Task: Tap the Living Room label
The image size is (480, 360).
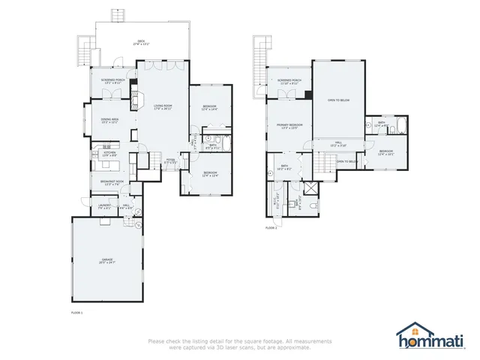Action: click(163, 106)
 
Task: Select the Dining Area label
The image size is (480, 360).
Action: click(110, 122)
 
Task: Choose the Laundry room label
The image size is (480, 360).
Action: click(105, 205)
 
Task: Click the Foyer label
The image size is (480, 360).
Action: click(170, 160)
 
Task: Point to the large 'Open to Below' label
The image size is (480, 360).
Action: click(337, 100)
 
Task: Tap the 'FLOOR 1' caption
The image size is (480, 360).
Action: click(76, 311)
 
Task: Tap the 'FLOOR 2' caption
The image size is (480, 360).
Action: click(271, 228)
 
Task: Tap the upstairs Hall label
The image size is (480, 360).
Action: click(338, 144)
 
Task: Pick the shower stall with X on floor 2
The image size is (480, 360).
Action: click(309, 187)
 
